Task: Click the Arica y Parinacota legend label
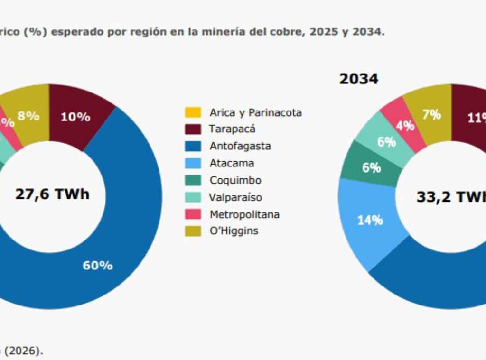255,112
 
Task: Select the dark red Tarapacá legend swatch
193,129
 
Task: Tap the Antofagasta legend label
240,146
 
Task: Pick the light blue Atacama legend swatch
193,163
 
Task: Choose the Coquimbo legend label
235,180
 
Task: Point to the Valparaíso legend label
235,197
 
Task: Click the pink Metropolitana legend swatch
193,214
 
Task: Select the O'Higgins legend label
234,231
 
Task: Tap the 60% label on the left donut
98,266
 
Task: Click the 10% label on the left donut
75,117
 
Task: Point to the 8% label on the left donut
28,116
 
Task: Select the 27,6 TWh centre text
52,194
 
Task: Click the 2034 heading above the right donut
359,79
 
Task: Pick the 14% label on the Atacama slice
370,220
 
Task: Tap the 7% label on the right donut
432,115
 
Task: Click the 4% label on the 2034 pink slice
405,126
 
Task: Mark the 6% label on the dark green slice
372,168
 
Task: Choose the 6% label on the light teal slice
386,142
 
